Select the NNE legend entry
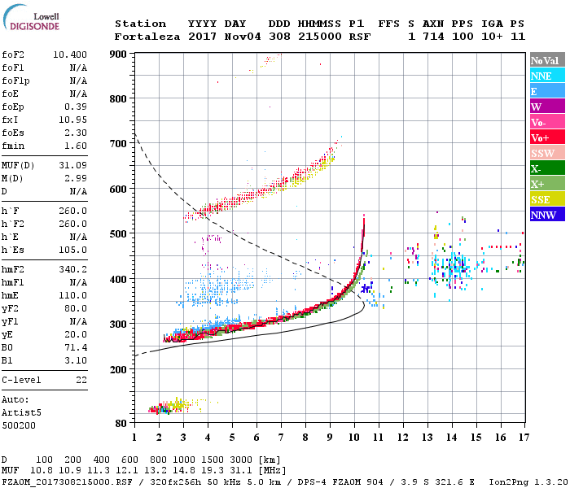click(546, 76)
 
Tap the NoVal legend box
click(546, 60)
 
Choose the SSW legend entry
click(546, 153)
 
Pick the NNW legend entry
click(546, 215)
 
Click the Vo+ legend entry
click(546, 137)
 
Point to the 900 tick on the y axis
click(121, 54)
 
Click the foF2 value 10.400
click(68, 54)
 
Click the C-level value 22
click(81, 380)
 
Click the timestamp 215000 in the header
click(319, 36)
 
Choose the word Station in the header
click(140, 24)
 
